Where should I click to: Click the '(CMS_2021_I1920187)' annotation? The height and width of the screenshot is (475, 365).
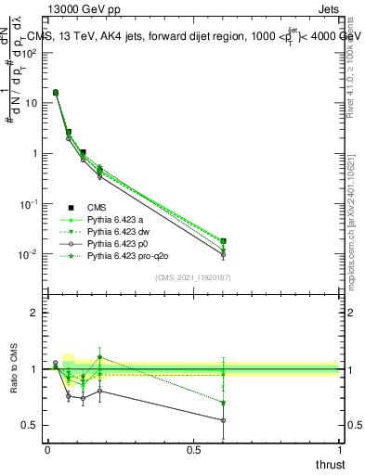pos(192,276)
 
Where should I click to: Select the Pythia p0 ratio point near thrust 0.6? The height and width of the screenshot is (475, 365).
pos(223,420)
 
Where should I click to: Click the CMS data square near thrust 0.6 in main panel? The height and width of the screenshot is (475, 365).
pos(223,241)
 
